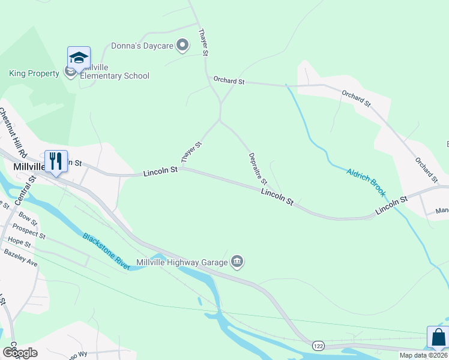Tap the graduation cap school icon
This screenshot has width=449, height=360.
[x=79, y=58]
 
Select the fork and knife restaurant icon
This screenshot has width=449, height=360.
[x=56, y=161]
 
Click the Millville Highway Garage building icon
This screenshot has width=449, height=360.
[x=237, y=262]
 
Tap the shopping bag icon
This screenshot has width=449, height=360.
[x=438, y=337]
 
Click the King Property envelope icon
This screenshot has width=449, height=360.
[x=70, y=73]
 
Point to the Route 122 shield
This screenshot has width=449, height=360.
[x=319, y=346]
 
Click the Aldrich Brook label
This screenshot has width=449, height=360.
[x=366, y=182]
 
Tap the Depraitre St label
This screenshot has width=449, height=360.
[x=258, y=169]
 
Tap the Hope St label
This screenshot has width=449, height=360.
[x=20, y=241]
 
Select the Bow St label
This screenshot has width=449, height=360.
[x=28, y=215]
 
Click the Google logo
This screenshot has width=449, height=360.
[x=19, y=353]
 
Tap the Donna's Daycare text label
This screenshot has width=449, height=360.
[x=142, y=46]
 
